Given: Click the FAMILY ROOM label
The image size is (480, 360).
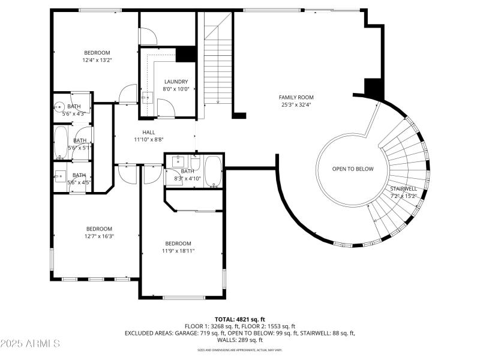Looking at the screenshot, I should [296, 97].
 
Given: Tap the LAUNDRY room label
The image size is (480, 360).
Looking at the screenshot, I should [176, 82].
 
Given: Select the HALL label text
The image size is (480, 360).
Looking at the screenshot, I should [149, 132].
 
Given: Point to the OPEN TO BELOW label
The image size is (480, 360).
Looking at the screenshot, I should [353, 169].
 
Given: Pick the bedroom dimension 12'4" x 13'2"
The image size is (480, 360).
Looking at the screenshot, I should [97, 60].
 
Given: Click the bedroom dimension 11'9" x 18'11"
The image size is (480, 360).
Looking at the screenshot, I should [178, 251].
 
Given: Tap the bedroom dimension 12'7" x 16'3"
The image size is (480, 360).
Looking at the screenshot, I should [99, 236].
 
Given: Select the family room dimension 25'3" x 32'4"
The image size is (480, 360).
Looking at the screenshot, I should [296, 105].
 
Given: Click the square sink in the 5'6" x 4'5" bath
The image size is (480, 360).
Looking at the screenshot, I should [61, 176].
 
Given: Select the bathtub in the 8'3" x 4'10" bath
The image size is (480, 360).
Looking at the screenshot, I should [213, 171].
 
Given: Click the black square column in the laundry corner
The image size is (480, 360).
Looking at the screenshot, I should [187, 54].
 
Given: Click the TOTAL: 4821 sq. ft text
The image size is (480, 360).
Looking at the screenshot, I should [239, 319].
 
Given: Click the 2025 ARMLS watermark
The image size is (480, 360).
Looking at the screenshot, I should [30, 344].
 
